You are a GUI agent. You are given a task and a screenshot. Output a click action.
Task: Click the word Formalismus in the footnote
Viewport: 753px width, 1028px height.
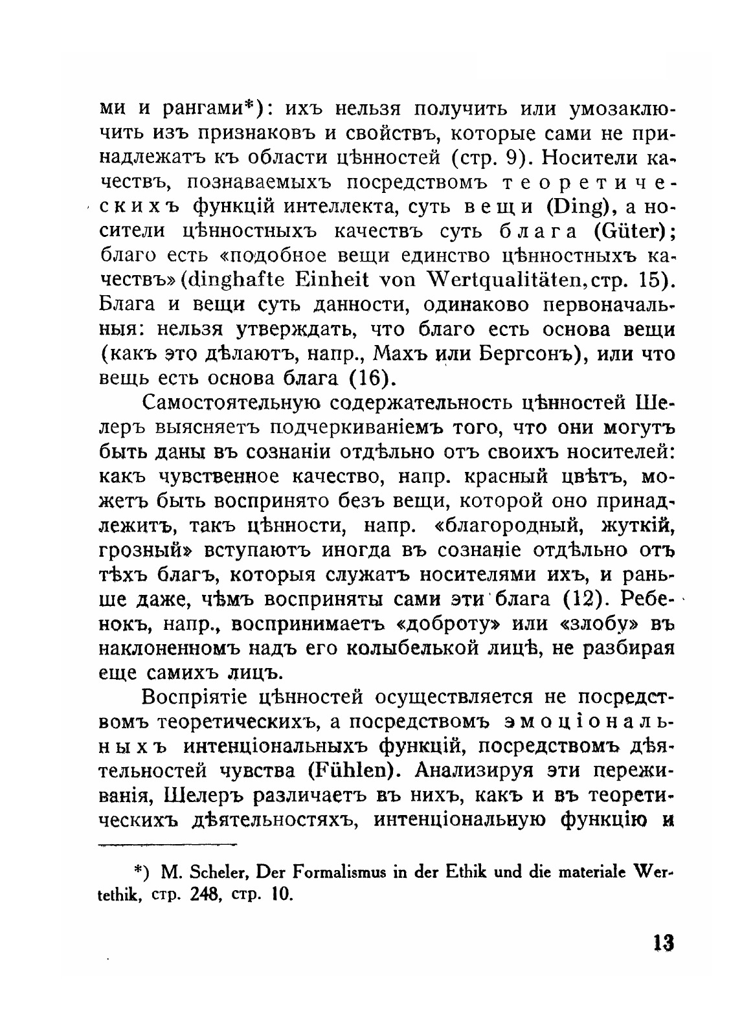pos(337,872)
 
